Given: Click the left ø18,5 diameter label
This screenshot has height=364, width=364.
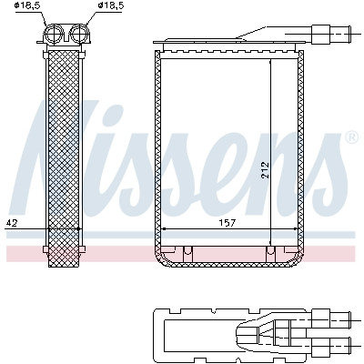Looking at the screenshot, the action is click(x=27, y=5).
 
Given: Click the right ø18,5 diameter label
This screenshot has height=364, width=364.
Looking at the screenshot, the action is click(x=111, y=5).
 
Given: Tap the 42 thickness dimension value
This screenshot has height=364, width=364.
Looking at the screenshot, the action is click(x=12, y=223).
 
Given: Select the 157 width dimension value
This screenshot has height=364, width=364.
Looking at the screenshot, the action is click(x=227, y=223).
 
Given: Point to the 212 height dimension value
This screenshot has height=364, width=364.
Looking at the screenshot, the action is click(x=265, y=170).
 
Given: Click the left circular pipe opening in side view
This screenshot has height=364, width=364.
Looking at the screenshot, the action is click(x=54, y=33).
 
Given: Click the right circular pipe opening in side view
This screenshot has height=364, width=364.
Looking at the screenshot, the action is click(x=80, y=33).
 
